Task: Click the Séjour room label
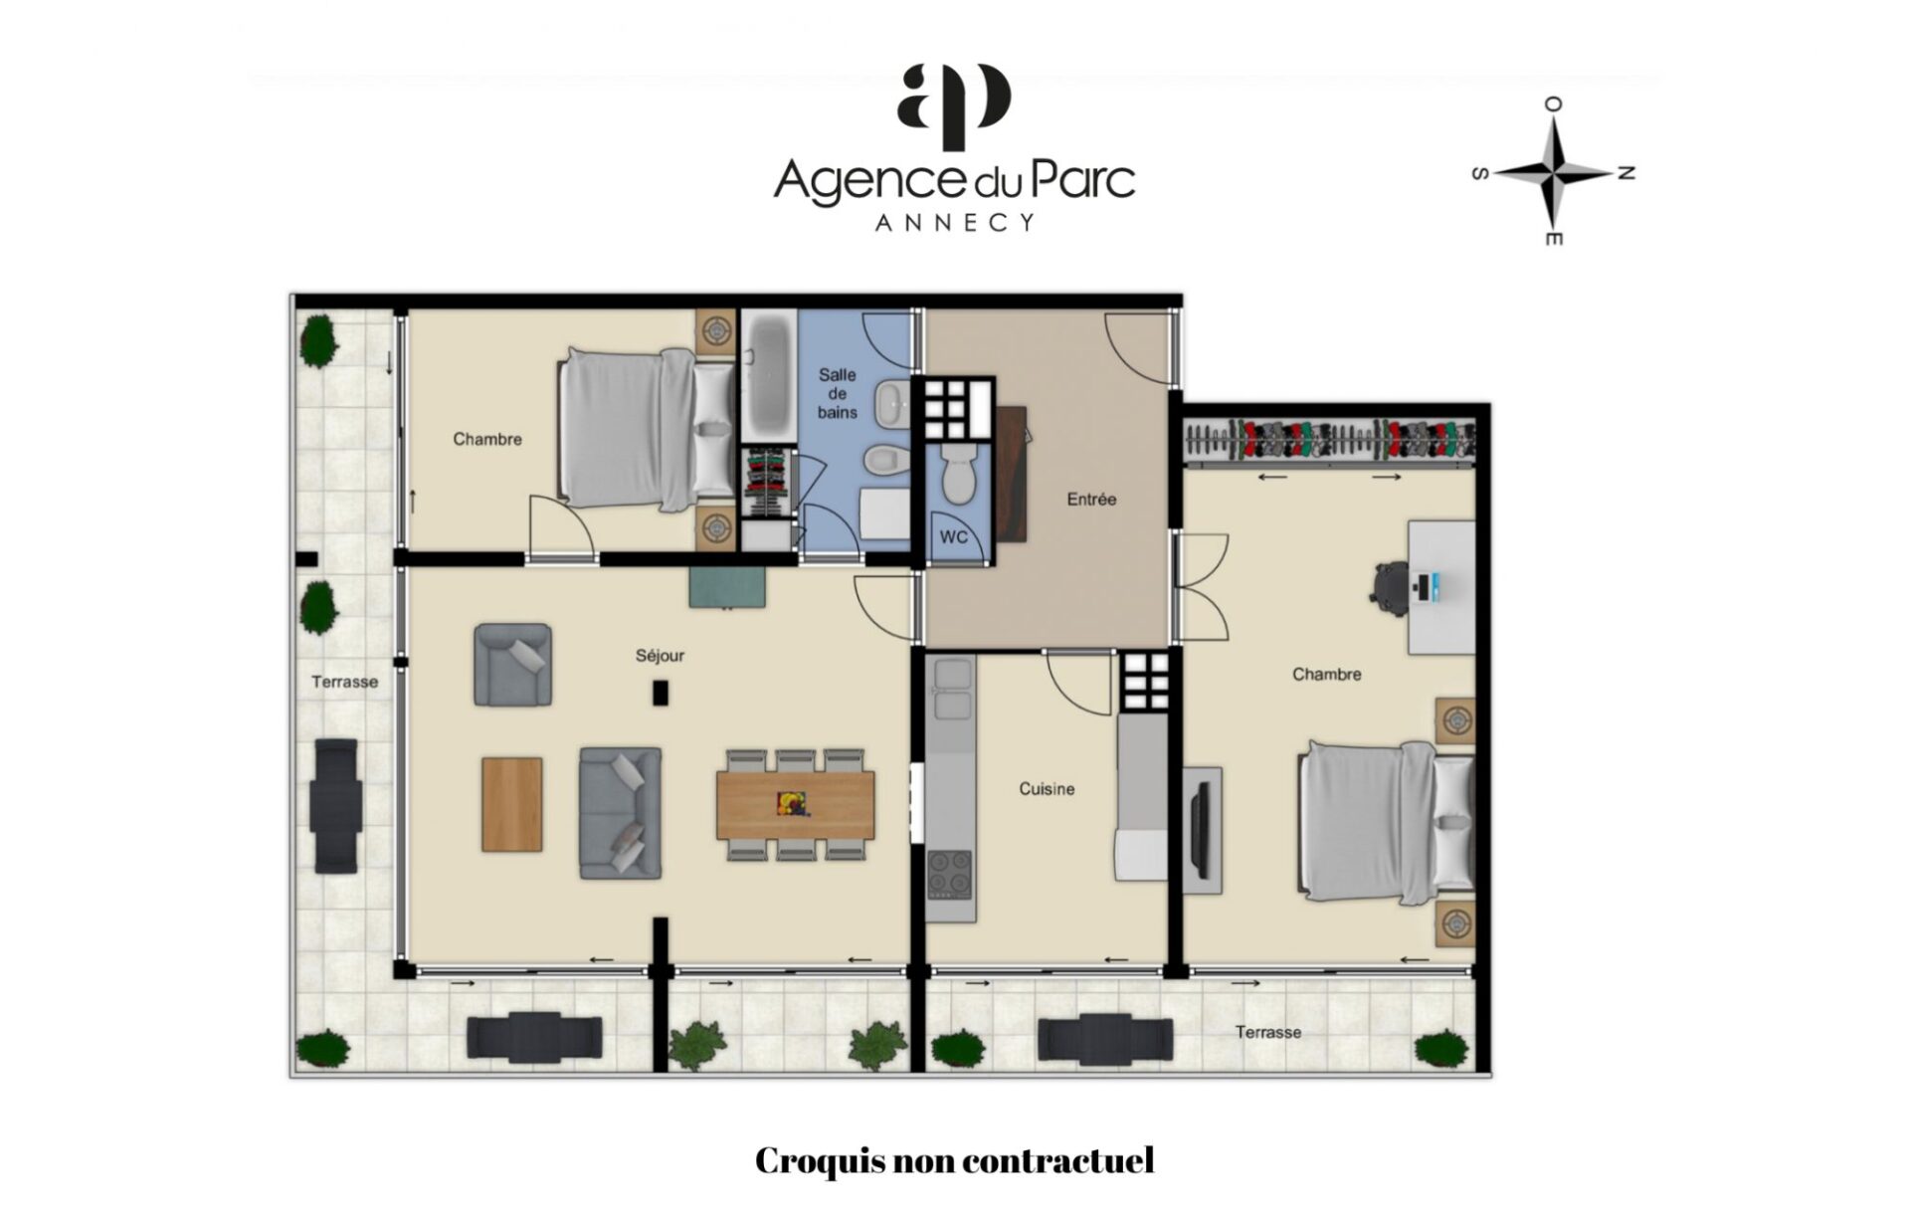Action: click(x=660, y=656)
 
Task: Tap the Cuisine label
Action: click(x=1047, y=789)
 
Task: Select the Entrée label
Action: click(x=1091, y=500)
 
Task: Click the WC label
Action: click(x=954, y=537)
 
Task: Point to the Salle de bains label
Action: click(x=838, y=393)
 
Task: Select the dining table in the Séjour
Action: click(x=796, y=804)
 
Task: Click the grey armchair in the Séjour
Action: click(x=512, y=665)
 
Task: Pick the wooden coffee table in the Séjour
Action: click(x=512, y=804)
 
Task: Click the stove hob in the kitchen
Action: click(x=951, y=876)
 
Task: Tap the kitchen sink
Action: click(x=952, y=689)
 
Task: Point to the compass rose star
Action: click(x=1553, y=172)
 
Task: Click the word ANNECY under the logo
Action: click(x=955, y=223)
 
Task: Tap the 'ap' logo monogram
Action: click(x=954, y=98)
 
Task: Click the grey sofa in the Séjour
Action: click(x=621, y=813)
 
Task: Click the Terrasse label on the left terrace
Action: click(x=344, y=682)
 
